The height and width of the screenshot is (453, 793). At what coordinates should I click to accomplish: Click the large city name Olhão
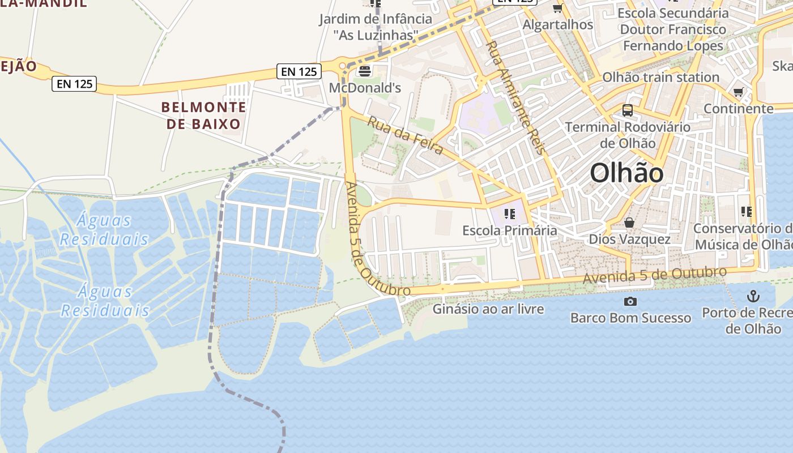click(626, 173)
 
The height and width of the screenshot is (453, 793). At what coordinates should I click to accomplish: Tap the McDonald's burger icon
click(364, 72)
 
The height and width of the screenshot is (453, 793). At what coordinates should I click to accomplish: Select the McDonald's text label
click(365, 88)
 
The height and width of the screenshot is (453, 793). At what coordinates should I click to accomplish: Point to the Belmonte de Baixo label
click(204, 115)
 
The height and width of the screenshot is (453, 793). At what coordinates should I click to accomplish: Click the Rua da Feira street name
click(406, 135)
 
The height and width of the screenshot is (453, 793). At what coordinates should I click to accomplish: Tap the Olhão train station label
click(660, 77)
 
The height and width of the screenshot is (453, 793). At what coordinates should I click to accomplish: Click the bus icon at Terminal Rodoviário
click(628, 110)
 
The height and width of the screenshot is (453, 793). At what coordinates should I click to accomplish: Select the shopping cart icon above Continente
click(739, 92)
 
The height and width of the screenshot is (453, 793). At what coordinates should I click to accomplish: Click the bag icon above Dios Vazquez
click(629, 223)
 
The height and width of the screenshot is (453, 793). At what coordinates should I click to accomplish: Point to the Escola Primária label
click(510, 230)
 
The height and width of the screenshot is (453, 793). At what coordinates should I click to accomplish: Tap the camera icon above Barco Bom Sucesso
click(630, 302)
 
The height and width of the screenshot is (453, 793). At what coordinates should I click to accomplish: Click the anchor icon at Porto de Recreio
click(753, 296)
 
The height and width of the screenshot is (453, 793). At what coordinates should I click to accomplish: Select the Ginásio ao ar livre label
click(488, 309)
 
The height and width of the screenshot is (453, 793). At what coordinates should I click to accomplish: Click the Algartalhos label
click(557, 25)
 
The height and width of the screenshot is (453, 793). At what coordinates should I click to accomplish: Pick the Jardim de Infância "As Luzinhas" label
click(375, 27)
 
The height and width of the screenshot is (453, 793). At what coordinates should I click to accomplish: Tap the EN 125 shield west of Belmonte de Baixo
click(75, 84)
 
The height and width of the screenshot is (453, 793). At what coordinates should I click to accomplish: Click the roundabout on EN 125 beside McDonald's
click(343, 67)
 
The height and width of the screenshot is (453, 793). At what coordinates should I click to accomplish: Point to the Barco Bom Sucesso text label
click(630, 318)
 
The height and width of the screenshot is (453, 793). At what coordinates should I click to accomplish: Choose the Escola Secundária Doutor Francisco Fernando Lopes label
click(673, 29)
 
